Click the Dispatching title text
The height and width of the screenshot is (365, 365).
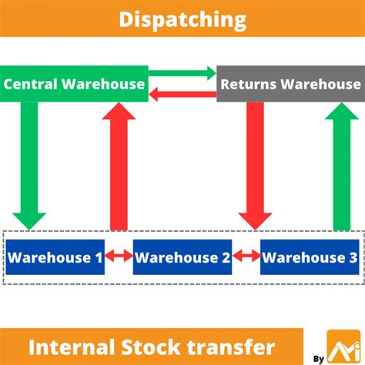[182, 20]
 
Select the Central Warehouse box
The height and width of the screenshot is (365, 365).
[74, 84]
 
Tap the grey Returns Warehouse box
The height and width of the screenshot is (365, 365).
[291, 84]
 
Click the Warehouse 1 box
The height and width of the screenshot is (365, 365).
[55, 257]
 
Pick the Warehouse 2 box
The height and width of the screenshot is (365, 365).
[182, 257]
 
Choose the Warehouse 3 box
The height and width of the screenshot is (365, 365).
[310, 257]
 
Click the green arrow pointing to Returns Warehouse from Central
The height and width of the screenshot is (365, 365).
[182, 73]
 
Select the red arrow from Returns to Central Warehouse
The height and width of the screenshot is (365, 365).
[182, 94]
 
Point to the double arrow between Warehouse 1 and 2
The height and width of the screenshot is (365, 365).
[119, 256]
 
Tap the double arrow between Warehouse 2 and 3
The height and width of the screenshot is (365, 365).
[246, 256]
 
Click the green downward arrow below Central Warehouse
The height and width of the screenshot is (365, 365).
[29, 166]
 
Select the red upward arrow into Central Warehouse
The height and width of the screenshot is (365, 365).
[119, 166]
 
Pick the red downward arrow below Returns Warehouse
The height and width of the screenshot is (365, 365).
[255, 166]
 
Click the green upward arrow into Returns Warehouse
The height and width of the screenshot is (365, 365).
[342, 166]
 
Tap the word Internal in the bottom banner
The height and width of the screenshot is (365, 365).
[72, 347]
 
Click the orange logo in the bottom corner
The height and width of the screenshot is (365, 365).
[344, 347]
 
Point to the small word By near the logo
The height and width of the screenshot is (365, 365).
[319, 359]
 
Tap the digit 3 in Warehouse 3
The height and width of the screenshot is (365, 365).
[353, 257]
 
